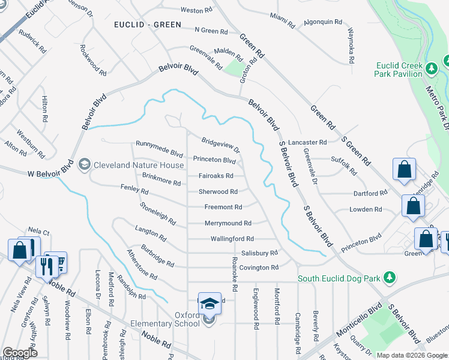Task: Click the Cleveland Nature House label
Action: pos(138,166)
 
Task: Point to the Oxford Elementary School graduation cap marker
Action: pos(209,304)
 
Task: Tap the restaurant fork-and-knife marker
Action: pos(46,265)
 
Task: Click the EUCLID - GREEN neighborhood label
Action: pos(147,25)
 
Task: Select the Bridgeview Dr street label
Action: pos(220,146)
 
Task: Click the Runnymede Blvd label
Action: pos(159,144)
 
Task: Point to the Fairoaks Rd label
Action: pos(216,176)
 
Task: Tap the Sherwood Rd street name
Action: pos(218,192)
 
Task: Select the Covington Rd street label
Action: pos(259,268)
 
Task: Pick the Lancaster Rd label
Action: pos(307,143)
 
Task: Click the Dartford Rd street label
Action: pos(370,193)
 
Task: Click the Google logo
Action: pos(20,353)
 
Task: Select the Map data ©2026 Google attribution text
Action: pos(412,355)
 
